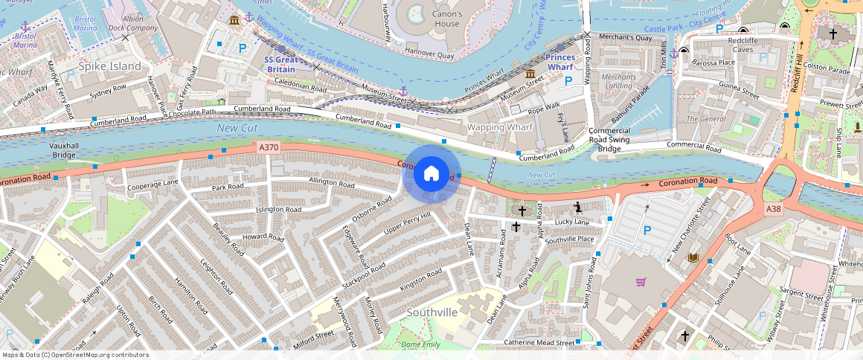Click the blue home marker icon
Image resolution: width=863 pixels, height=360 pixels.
(431, 174)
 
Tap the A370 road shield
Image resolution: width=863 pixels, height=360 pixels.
(269, 148)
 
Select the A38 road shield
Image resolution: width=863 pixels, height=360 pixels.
(774, 210)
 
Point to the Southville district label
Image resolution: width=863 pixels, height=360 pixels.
(431, 312)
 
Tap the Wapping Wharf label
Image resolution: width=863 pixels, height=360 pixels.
(500, 127)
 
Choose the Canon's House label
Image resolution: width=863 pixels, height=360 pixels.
(447, 19)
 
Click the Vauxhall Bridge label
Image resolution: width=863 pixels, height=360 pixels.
(63, 150)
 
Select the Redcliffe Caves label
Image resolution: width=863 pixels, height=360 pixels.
(753, 45)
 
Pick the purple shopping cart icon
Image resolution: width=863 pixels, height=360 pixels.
(641, 282)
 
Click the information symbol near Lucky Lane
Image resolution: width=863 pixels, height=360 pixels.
(577, 206)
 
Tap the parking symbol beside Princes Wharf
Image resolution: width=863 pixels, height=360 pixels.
(568, 80)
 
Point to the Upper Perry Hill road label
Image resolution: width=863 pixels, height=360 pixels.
(407, 221)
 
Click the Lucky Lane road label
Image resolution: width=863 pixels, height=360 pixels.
(571, 222)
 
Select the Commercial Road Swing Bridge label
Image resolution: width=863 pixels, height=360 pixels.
(609, 139)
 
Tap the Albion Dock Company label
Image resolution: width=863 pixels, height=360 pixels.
(136, 22)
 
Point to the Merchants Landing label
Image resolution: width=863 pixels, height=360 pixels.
(618, 81)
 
